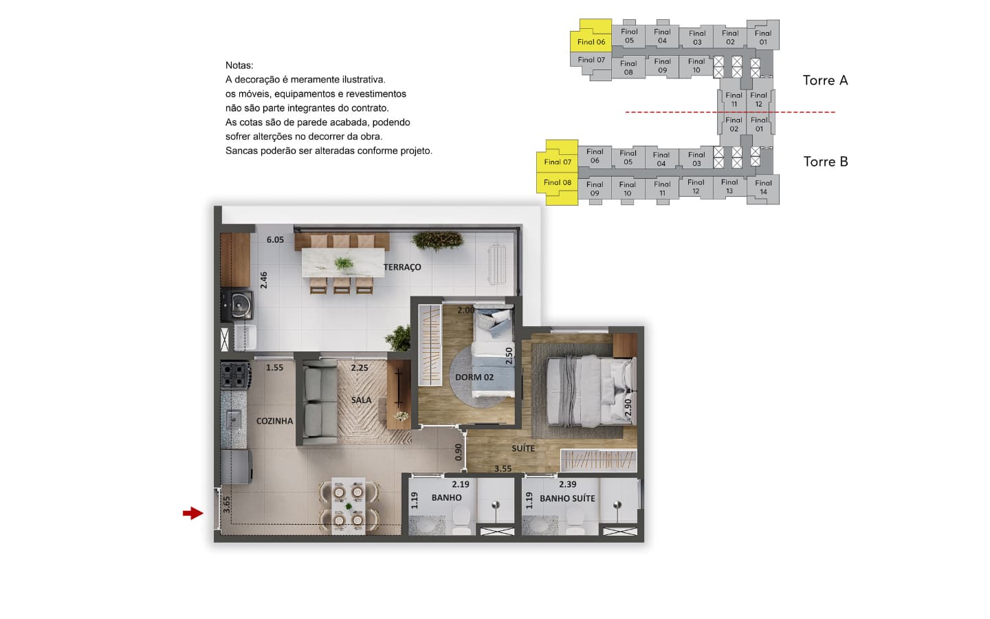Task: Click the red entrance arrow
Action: [193, 513]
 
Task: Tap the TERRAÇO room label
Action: [402, 267]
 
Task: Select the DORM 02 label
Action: [474, 377]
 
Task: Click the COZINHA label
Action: [274, 421]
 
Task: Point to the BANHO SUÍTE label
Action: [567, 498]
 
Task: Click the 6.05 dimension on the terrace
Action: [275, 239]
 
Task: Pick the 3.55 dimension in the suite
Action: [503, 468]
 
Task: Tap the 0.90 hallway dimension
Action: [459, 452]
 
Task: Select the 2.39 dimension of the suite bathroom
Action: [567, 484]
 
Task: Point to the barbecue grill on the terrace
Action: [237, 304]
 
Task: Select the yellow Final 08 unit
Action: [558, 189]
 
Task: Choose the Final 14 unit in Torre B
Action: [763, 188]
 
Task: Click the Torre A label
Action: [825, 80]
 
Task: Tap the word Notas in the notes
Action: [239, 65]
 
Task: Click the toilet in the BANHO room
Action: [461, 521]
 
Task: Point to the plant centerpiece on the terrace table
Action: [344, 263]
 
